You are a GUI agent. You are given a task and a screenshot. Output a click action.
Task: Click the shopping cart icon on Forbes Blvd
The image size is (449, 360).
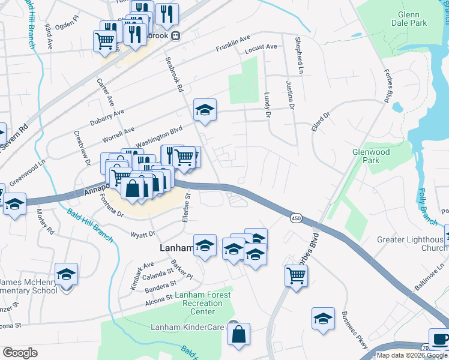point(296,275)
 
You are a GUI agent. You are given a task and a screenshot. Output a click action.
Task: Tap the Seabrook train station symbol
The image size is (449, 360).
point(175,35)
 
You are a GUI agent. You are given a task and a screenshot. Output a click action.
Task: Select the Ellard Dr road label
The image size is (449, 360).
point(321,121)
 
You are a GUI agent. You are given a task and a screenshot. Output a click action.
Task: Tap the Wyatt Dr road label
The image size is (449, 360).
point(143,234)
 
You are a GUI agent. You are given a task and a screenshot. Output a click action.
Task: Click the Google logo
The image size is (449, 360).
point(20,353)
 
